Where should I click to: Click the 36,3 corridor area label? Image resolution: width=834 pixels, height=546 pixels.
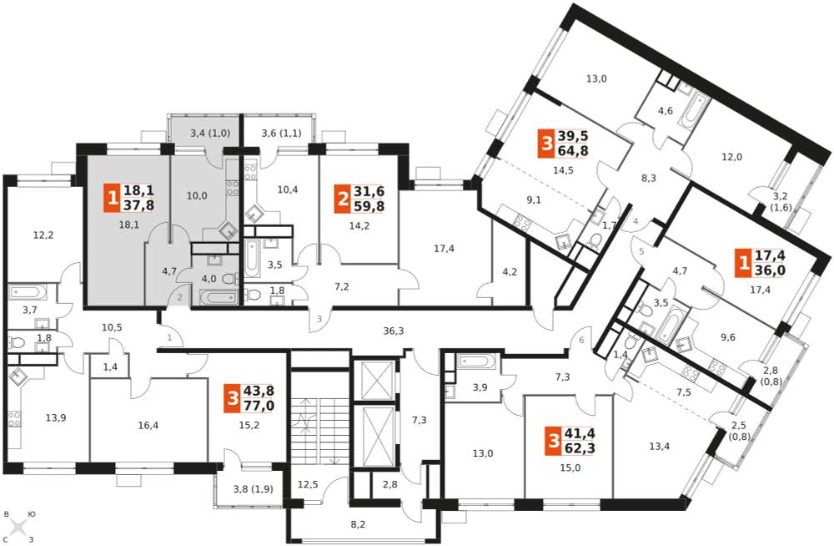point(393,331)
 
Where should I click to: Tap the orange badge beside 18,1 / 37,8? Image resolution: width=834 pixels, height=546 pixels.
point(113,199)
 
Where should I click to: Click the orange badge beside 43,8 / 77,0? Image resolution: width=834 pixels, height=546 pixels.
point(232,399)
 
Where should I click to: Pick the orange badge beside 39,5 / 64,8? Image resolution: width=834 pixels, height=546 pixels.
point(545,144)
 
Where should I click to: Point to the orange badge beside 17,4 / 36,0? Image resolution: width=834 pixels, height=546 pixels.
point(743,263)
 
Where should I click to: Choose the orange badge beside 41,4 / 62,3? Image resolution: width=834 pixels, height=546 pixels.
point(554,442)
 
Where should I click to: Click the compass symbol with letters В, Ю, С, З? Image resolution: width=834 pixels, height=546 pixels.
point(19,527)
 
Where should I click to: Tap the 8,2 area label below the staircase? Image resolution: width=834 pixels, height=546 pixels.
point(359,524)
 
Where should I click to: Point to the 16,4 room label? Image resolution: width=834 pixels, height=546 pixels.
point(148,425)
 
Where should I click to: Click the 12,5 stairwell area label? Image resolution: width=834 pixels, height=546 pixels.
point(308,485)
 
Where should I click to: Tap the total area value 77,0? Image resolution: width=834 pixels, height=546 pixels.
point(259,406)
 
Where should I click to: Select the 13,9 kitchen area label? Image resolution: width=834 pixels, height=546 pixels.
point(55,417)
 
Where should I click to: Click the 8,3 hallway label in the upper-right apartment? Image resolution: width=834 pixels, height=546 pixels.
point(648,178)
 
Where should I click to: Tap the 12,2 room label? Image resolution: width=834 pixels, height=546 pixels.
point(43,235)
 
